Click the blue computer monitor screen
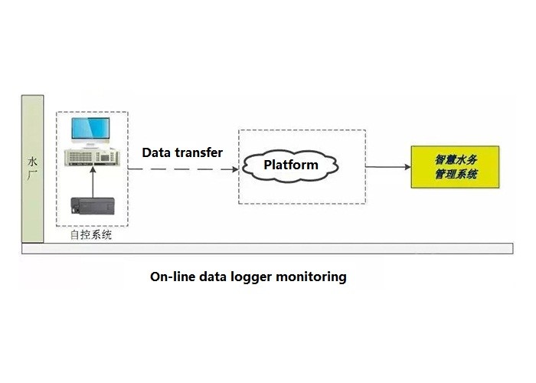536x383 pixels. click(x=90, y=128)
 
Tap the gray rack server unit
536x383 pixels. click(x=93, y=157)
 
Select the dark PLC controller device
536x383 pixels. click(x=93, y=206)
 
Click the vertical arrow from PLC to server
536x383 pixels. click(x=93, y=182)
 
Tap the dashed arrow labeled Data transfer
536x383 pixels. click(x=183, y=169)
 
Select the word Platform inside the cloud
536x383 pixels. click(x=291, y=165)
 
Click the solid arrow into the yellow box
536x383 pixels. click(x=388, y=167)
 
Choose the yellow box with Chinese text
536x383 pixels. click(x=455, y=167)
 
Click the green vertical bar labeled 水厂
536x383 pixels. click(x=32, y=169)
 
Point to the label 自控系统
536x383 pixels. click(x=91, y=235)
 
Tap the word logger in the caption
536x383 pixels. click(x=251, y=277)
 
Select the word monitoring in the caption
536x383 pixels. click(x=311, y=277)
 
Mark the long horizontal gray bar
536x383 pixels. click(x=267, y=249)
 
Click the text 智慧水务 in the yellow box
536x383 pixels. click(x=456, y=159)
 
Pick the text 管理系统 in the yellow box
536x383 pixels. click(x=456, y=175)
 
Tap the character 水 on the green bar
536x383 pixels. click(x=32, y=162)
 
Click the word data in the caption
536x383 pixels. click(x=213, y=277)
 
